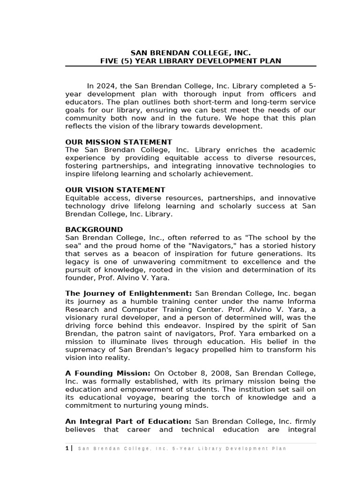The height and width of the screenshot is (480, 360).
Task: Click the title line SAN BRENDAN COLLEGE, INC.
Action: click(x=190, y=53)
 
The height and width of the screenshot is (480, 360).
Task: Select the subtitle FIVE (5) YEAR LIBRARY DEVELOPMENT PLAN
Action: click(x=190, y=61)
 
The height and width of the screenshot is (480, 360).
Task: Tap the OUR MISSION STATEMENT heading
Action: click(x=119, y=142)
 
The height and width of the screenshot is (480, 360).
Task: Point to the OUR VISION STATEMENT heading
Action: click(x=115, y=190)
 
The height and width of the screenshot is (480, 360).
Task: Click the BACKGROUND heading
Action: click(x=94, y=230)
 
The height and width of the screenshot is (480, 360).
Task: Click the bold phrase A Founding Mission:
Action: click(x=108, y=373)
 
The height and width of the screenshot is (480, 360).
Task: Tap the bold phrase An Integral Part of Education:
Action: click(x=128, y=421)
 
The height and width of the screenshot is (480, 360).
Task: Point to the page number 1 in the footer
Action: click(x=67, y=449)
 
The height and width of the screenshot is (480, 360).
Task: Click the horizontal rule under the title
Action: click(x=190, y=66)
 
